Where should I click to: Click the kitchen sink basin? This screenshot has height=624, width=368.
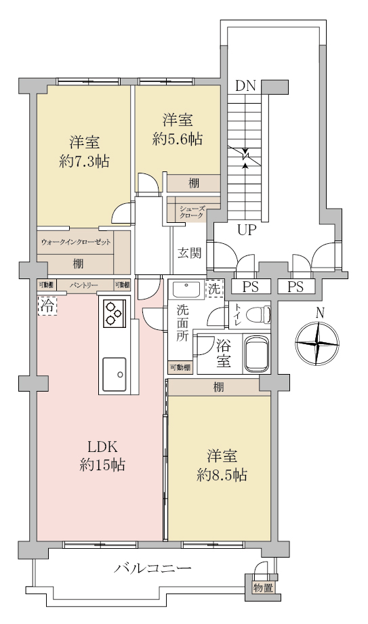[x=115, y=374]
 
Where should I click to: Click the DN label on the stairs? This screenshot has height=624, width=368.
[x=245, y=86]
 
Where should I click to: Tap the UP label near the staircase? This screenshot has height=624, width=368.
[x=246, y=230]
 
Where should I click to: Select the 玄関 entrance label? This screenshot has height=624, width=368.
[x=189, y=253]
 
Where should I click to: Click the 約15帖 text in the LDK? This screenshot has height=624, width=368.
[x=102, y=464]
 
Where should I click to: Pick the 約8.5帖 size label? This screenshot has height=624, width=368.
[x=222, y=474]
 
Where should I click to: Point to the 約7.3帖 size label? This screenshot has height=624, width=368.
[x=84, y=161]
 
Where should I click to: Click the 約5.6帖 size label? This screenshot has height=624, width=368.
[x=178, y=140]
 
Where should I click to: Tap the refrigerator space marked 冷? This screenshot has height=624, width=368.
[x=47, y=306]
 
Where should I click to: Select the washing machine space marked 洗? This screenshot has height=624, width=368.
[x=215, y=289]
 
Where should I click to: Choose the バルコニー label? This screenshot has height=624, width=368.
[x=152, y=568]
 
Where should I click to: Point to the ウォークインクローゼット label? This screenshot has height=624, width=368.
[x=76, y=242]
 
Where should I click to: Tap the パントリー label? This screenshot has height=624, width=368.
[x=83, y=285]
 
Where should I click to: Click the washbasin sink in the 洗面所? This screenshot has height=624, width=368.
[x=186, y=289]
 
